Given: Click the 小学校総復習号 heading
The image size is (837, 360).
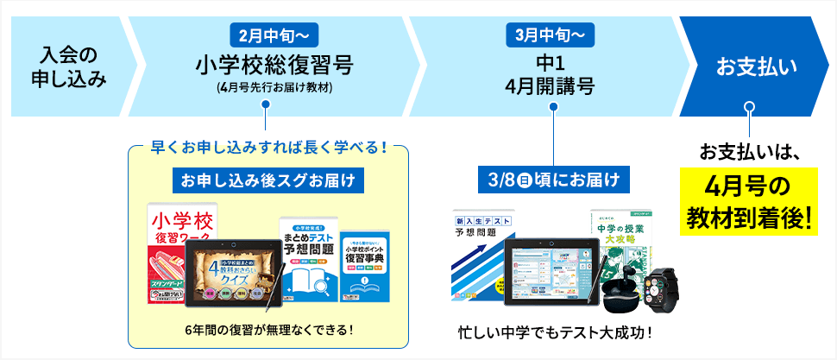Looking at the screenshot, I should coord(274,65).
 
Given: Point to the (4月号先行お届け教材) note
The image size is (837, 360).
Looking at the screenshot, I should coord(274,87).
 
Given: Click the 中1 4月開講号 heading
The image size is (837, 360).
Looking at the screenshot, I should coord(548,75).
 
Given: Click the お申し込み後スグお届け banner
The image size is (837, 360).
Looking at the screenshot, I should coord(267,180).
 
